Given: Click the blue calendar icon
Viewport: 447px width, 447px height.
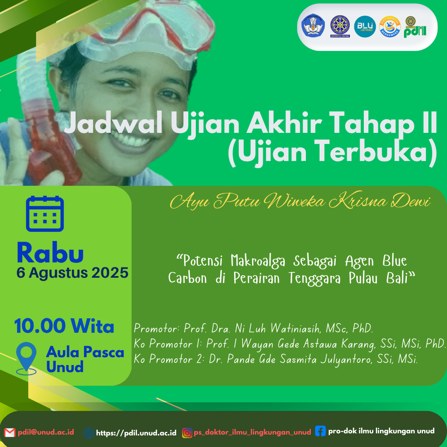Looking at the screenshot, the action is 45,214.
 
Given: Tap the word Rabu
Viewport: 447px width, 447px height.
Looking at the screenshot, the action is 50,252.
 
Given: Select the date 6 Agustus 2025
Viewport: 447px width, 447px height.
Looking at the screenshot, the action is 72,273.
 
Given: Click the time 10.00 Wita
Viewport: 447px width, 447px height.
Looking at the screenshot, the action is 64,326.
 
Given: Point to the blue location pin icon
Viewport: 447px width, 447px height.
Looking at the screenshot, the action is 26,358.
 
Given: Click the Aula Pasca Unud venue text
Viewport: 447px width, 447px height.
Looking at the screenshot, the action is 85,359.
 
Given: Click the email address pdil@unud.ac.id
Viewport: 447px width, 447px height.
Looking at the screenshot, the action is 46,432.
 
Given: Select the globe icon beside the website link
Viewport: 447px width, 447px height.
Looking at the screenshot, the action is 89,433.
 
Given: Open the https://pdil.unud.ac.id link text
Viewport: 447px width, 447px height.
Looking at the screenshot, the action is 136,433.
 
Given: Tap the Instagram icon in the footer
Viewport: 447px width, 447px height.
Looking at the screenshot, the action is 187,433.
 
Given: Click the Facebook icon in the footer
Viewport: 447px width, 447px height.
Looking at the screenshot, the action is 320,431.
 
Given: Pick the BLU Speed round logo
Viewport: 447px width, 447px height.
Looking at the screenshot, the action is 365,26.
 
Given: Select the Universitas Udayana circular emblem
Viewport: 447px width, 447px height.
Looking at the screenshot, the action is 340,26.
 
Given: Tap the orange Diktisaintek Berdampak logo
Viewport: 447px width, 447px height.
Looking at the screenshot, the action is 390,26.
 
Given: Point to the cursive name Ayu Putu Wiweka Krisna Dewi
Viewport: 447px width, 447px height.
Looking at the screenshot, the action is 300,201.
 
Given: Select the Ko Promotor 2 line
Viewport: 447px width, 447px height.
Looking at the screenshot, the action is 276,360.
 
